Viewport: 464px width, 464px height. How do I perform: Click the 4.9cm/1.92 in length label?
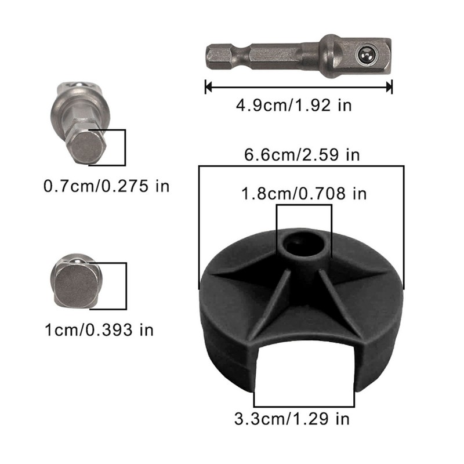point(293,106)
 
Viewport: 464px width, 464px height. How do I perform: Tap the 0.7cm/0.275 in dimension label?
point(106,186)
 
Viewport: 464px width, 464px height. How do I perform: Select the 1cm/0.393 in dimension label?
point(99,330)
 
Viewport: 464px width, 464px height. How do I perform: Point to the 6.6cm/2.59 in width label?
point(302,155)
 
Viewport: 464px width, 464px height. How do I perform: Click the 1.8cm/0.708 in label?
point(304,194)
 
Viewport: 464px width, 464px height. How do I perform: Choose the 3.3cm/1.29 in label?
point(292,419)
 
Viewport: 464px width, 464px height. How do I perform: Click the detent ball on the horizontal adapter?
point(367,55)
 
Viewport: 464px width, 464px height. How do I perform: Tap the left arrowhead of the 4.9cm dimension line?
point(208,88)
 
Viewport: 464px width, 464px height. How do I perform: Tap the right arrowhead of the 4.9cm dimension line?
point(389,88)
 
